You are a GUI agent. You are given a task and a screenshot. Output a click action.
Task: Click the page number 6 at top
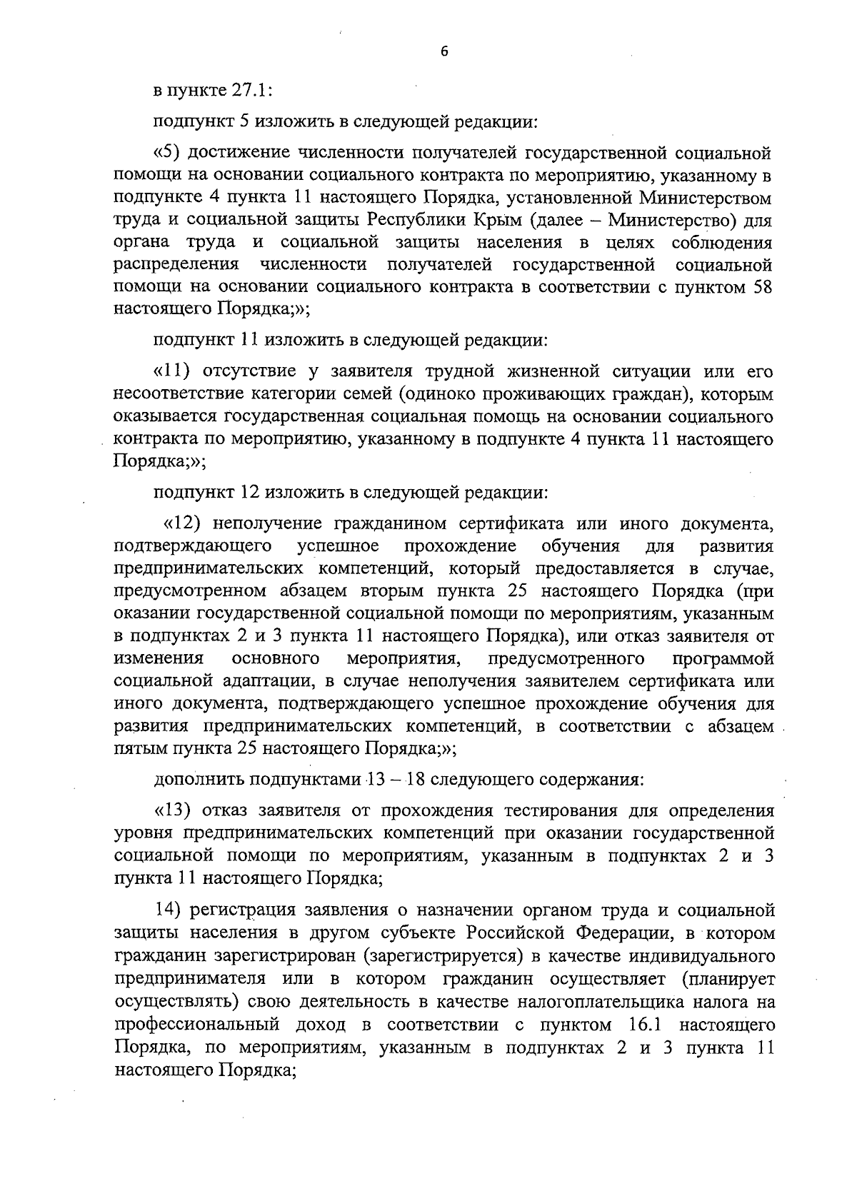(443, 51)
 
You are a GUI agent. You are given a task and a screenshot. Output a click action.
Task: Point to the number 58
(760, 288)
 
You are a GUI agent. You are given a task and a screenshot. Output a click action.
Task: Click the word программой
(723, 658)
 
